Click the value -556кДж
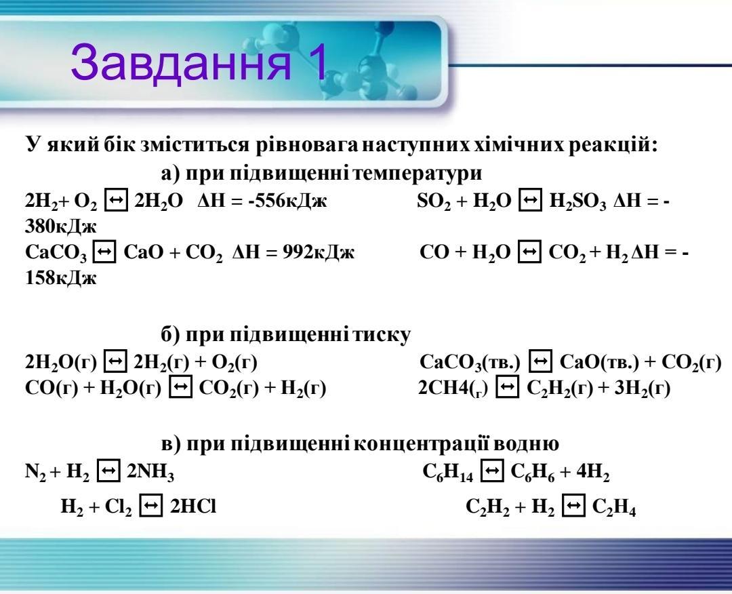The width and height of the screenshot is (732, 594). pyautogui.click(x=287, y=201)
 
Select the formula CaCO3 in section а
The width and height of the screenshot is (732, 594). pyautogui.click(x=56, y=253)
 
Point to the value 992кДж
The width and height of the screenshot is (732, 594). pyautogui.click(x=319, y=252)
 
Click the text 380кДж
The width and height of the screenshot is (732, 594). pyautogui.click(x=61, y=226)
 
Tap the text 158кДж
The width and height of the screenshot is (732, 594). pyautogui.click(x=61, y=278)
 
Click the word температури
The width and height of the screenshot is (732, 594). pyautogui.click(x=418, y=174)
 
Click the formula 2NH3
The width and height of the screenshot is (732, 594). pyautogui.click(x=150, y=472)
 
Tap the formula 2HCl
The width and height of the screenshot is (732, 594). pyautogui.click(x=192, y=507)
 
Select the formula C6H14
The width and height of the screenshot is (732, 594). pyautogui.click(x=447, y=472)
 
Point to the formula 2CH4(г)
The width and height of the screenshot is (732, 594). pyautogui.click(x=453, y=388)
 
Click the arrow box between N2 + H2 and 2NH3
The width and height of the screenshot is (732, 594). pyautogui.click(x=108, y=471)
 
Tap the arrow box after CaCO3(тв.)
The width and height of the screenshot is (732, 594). pyautogui.click(x=540, y=361)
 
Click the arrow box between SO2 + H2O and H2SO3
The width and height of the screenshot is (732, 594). pyautogui.click(x=530, y=200)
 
